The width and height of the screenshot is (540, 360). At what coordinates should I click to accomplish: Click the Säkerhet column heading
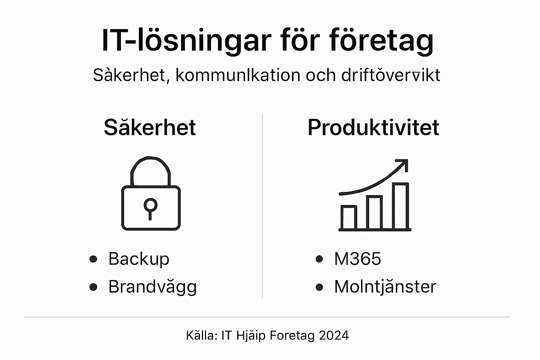150,127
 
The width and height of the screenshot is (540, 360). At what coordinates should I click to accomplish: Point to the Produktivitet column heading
373,127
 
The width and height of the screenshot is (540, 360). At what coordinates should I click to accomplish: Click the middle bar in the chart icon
374,212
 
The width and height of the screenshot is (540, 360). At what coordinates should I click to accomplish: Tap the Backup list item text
139,259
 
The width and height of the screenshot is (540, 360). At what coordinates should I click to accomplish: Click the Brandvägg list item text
152,287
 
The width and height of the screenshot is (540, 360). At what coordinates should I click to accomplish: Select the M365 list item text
358,259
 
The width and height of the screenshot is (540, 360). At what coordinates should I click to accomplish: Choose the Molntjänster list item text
385,287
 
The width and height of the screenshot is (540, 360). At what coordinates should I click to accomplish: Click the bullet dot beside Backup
93,259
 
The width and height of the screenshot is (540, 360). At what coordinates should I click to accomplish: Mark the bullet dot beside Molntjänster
319,287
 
